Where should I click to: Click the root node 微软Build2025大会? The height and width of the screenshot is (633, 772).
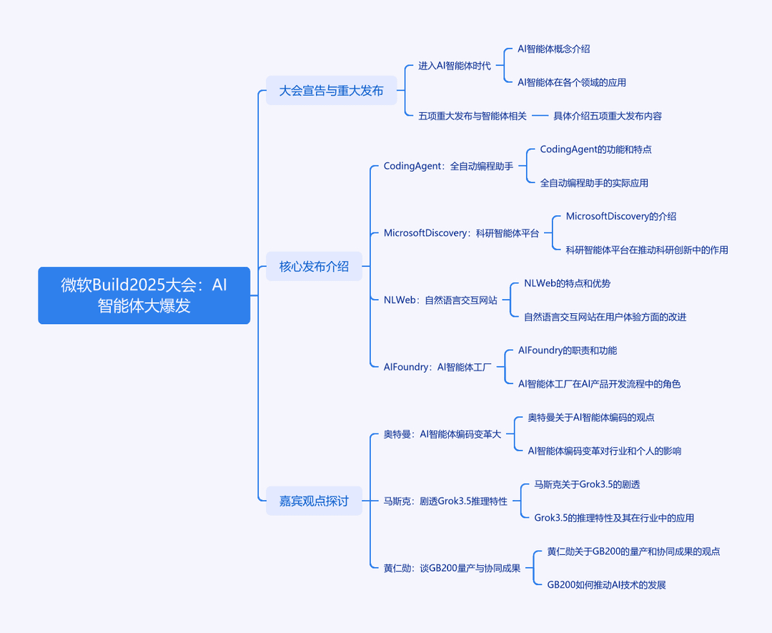click(144, 295)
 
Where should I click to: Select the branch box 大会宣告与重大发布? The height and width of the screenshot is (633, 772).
click(332, 91)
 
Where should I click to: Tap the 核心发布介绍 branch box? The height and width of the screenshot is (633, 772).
click(314, 267)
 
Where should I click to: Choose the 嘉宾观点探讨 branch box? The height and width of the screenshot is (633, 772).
click(314, 501)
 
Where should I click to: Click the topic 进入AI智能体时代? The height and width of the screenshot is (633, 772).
click(455, 66)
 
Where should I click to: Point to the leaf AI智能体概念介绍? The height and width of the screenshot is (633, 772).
click(553, 49)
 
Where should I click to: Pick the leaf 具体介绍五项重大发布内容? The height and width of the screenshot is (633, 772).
click(608, 116)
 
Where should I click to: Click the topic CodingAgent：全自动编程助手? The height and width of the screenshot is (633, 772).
click(448, 166)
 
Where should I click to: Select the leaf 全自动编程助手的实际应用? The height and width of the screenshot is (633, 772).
click(594, 183)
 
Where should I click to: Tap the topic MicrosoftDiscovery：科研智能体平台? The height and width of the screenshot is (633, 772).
click(461, 233)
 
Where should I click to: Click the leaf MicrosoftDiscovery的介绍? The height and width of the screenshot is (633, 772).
click(621, 216)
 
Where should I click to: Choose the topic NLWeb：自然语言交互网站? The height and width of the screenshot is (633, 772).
click(440, 300)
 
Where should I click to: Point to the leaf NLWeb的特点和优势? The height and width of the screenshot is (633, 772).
click(567, 283)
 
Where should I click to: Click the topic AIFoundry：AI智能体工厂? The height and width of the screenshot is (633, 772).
click(437, 367)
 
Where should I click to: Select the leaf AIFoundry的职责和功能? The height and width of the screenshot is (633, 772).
click(567, 350)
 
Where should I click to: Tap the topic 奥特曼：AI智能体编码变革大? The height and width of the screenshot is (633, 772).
click(442, 434)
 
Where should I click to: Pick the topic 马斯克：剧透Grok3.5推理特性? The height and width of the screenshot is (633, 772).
click(445, 501)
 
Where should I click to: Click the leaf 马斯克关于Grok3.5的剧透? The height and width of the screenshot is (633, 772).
click(587, 484)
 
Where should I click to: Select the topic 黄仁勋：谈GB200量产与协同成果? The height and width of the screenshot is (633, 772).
click(452, 568)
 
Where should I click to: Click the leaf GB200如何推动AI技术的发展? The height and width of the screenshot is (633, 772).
click(607, 585)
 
